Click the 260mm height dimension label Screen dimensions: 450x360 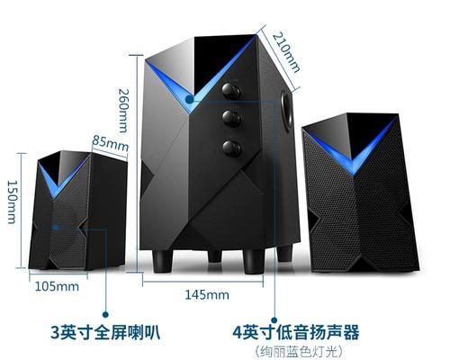tap(122, 111)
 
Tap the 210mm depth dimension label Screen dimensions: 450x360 tap(286, 53)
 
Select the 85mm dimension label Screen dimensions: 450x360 tap(110, 143)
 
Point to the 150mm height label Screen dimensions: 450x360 tap(12, 202)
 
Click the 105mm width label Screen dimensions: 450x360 tap(57, 286)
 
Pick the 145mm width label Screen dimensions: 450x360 tap(207, 294)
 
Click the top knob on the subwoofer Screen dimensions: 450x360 tap(231, 91)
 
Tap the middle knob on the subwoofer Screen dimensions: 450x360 tap(231, 118)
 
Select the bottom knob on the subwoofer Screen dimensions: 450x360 tap(232, 148)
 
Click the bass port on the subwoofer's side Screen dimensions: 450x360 tap(286, 111)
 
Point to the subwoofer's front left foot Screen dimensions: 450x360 tap(162, 261)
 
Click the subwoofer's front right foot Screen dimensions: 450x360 tap(254, 262)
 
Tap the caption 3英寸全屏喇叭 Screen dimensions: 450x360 tap(105, 332)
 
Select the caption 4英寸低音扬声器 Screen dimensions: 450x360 tap(296, 332)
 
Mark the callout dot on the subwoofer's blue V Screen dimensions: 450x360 tap(189, 99)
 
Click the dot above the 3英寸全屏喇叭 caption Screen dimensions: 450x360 tap(105, 314)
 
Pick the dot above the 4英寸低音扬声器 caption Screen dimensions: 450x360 tap(274, 320)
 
